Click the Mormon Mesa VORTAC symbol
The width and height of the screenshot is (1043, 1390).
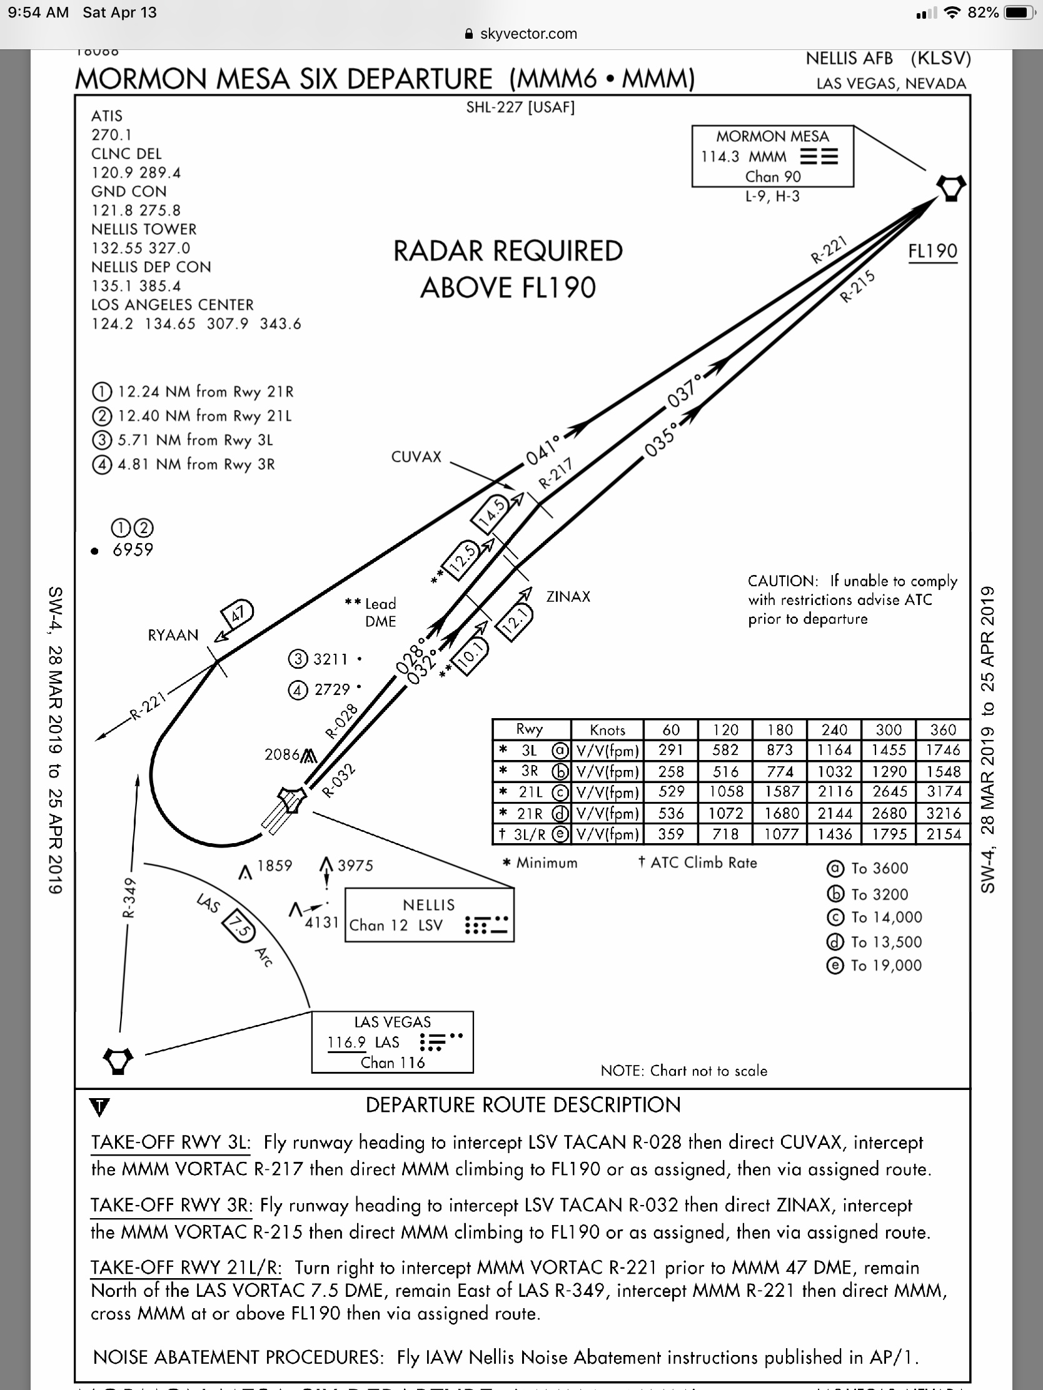(950, 188)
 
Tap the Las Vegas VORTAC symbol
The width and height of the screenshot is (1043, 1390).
(118, 1061)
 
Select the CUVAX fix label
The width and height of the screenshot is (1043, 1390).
(416, 457)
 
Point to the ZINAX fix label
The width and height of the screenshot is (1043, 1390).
(568, 597)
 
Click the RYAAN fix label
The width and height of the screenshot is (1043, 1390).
(173, 635)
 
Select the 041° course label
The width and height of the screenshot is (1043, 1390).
(543, 451)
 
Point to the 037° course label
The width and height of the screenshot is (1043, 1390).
(684, 391)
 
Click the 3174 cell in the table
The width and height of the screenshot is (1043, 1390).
(943, 792)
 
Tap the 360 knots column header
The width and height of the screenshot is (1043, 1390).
(943, 729)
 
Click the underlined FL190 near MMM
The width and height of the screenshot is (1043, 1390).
(933, 251)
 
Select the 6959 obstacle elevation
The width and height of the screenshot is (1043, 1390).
(133, 550)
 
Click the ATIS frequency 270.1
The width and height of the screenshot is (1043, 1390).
(111, 134)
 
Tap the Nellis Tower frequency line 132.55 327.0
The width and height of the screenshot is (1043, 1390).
(141, 248)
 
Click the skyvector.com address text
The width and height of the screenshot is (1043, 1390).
(528, 34)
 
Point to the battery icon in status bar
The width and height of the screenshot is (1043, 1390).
(1019, 12)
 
